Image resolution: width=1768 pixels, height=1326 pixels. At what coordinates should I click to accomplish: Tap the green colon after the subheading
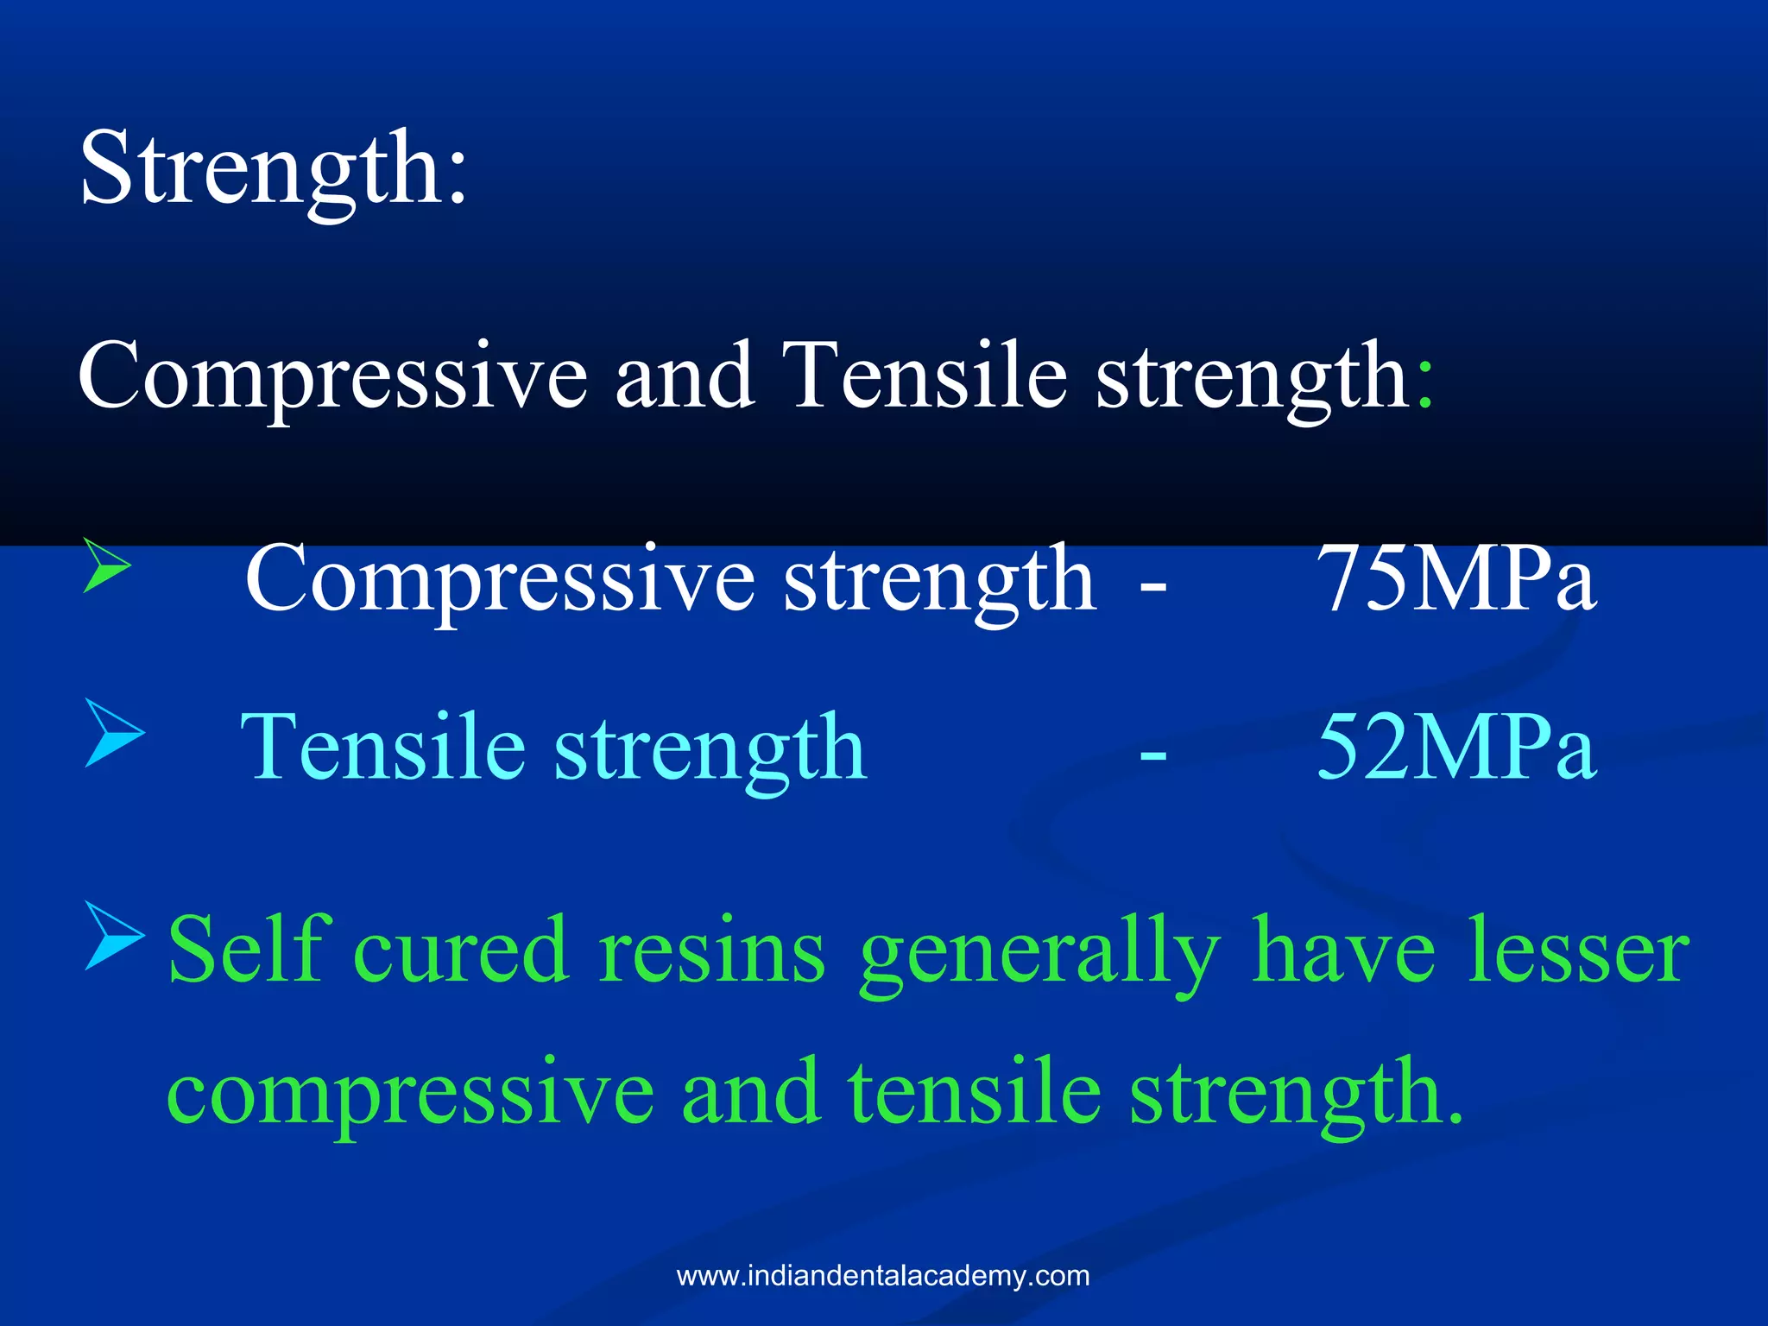1424,384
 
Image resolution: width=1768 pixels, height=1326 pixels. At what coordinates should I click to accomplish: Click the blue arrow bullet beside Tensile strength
113,734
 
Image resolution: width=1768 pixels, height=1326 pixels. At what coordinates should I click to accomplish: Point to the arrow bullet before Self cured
113,936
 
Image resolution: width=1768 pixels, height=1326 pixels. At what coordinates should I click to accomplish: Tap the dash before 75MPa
1153,588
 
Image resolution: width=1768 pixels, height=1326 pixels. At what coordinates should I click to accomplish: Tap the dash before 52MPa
1153,755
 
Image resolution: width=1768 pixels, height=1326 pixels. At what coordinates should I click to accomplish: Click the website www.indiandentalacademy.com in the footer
883,1276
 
